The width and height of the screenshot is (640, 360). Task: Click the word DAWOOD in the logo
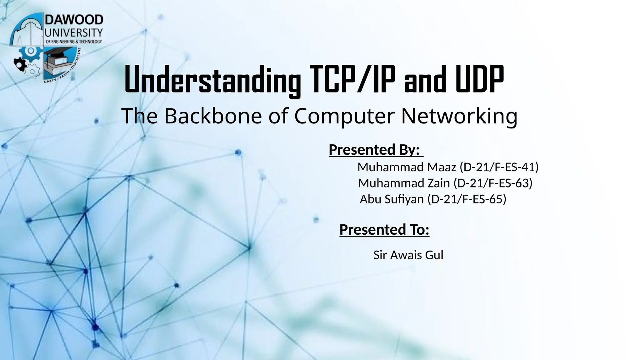tap(74, 20)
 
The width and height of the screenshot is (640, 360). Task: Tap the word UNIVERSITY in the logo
tap(74, 32)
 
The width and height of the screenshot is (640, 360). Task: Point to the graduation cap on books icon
tap(58, 61)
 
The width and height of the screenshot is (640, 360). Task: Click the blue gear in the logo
tap(30, 51)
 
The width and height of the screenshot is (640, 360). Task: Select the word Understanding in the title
tap(212, 80)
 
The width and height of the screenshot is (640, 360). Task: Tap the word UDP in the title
tap(479, 80)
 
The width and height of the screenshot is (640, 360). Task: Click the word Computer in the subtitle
tap(344, 116)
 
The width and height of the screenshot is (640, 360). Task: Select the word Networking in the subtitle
tap(459, 116)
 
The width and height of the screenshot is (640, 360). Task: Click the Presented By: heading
tap(374, 150)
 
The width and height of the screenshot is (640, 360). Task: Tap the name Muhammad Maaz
tap(407, 167)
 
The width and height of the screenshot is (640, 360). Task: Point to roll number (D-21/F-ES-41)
tap(499, 167)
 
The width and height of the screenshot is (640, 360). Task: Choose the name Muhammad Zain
tap(404, 183)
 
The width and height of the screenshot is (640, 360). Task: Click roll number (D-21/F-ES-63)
tap(493, 183)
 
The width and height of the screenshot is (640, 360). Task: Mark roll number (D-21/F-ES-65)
tap(467, 199)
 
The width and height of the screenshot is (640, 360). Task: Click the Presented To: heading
tap(384, 230)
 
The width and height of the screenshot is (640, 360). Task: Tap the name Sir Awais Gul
tap(408, 255)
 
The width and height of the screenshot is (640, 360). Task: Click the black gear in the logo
tap(20, 64)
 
